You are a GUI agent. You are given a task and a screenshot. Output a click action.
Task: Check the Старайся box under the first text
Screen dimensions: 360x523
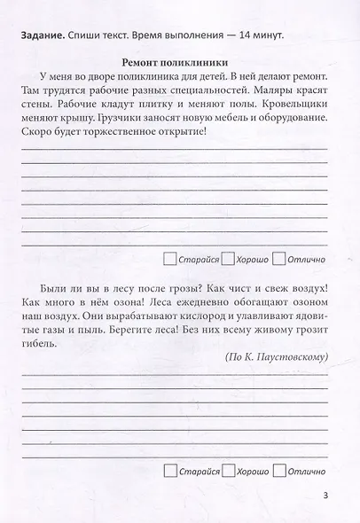pos(171,259)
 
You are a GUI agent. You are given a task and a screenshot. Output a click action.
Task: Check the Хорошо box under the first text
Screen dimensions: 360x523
pos(227,259)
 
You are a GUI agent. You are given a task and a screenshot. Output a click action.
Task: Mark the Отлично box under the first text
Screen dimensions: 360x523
pos(279,259)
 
